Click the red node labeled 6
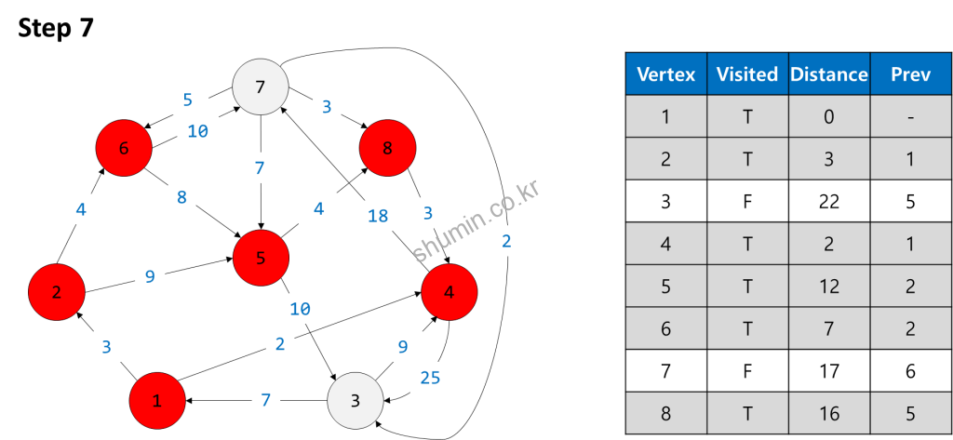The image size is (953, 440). [x=124, y=148]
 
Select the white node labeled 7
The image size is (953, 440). [x=260, y=87]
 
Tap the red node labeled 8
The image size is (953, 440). [x=387, y=147]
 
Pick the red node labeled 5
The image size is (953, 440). [x=261, y=258]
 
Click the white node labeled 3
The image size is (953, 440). [x=356, y=401]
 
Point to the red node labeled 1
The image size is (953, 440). [x=157, y=401]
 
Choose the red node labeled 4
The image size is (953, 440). [x=450, y=292]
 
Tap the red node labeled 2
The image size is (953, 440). [x=57, y=292]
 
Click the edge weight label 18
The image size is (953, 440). [x=378, y=216]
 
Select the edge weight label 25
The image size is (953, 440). [x=430, y=378]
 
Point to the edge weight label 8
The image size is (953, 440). [x=181, y=197]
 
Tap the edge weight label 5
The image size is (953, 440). [x=187, y=100]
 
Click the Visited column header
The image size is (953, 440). [x=747, y=74]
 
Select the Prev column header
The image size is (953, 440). [x=910, y=74]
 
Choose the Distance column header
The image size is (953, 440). [x=828, y=74]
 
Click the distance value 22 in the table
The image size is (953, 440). [x=828, y=202]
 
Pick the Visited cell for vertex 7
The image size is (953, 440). [x=747, y=371]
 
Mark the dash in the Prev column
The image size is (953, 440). [x=910, y=117]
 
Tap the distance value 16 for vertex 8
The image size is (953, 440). [x=828, y=413]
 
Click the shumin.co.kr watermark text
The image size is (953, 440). [x=476, y=221]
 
